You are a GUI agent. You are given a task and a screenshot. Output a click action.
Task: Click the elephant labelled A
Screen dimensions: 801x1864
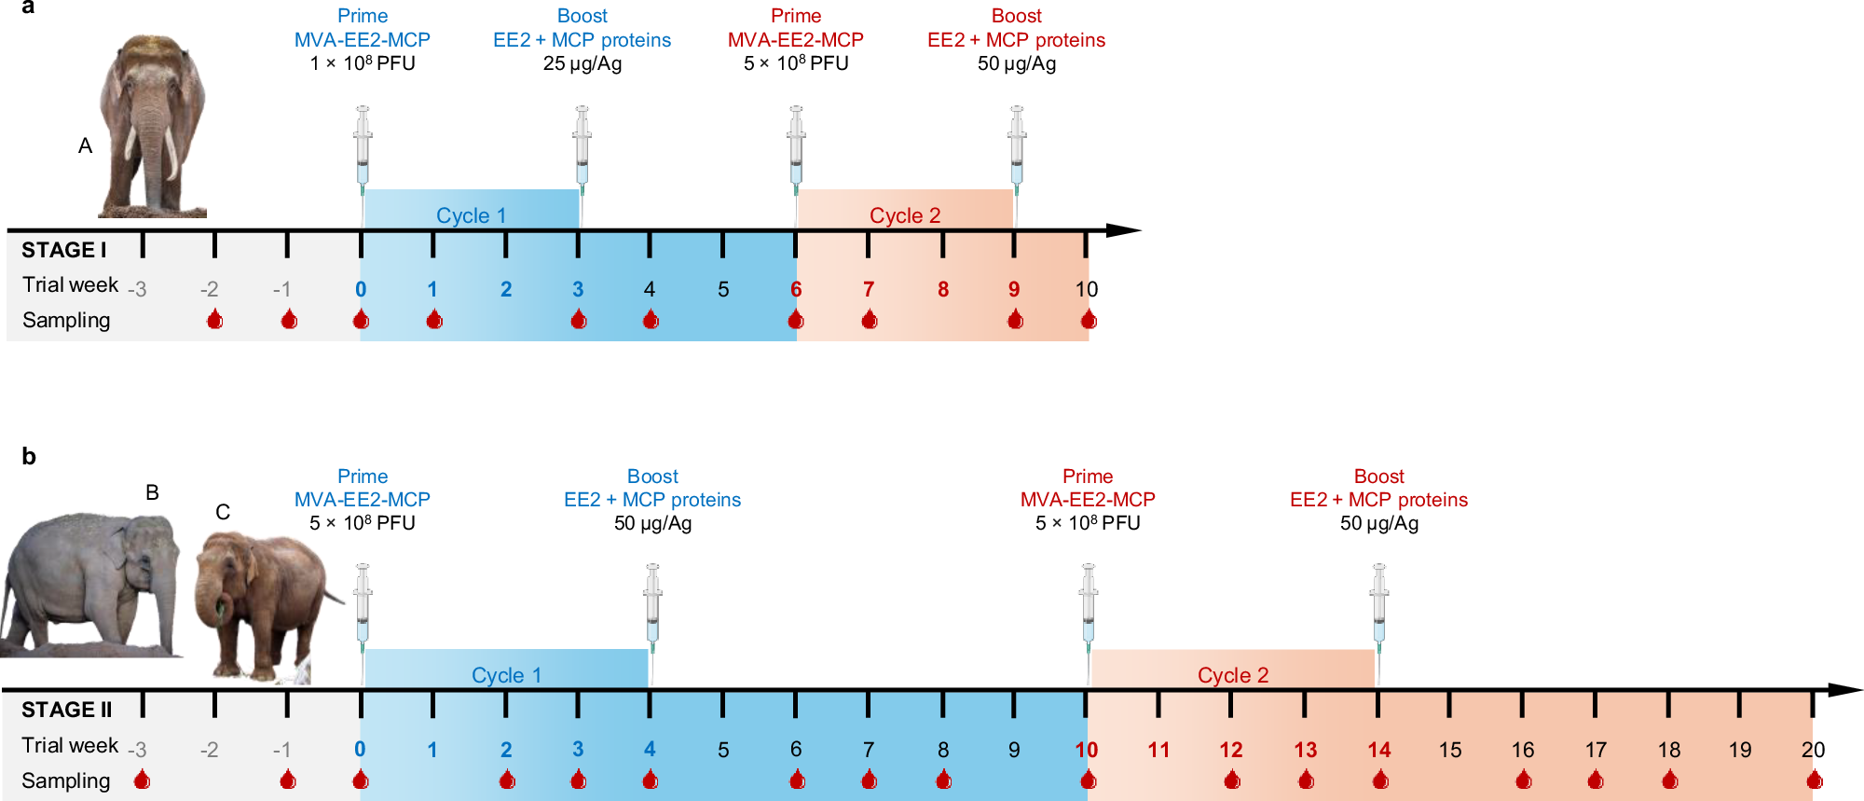point(152,126)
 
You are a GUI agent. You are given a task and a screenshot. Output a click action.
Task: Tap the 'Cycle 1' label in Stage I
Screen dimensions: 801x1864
point(471,215)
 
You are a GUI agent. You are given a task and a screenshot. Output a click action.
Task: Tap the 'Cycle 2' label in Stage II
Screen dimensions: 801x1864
point(1232,675)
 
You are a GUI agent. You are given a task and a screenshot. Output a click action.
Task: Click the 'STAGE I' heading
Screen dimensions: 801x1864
point(63,250)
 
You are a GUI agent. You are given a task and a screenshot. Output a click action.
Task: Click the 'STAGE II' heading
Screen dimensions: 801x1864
point(66,710)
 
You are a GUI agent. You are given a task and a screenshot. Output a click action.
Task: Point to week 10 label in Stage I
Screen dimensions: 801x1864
point(1087,289)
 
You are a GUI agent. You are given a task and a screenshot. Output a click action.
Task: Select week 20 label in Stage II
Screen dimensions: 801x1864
point(1813,750)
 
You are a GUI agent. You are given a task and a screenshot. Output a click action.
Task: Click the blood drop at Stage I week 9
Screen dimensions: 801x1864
point(1015,320)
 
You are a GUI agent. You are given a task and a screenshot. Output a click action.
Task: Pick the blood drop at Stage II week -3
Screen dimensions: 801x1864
point(142,780)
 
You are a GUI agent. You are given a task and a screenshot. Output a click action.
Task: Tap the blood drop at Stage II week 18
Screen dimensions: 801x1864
point(1669,780)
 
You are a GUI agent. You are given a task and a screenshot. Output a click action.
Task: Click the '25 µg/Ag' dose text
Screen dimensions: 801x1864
point(582,63)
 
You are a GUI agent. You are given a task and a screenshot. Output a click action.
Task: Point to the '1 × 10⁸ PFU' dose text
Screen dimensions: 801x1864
point(363,63)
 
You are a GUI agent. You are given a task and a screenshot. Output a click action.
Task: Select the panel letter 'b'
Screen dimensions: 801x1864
point(29,456)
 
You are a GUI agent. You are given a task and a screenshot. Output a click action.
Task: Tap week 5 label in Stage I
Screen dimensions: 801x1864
point(723,289)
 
